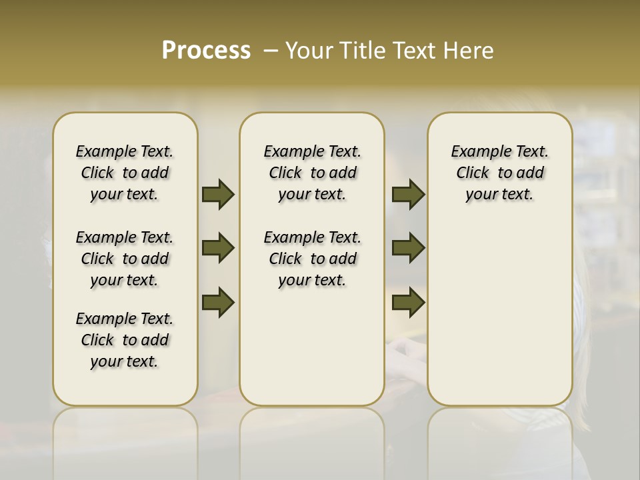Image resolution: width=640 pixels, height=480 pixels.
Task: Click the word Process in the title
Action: tap(206, 51)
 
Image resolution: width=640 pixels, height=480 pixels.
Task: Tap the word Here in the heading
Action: tap(469, 51)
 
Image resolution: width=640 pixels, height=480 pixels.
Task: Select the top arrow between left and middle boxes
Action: tap(218, 194)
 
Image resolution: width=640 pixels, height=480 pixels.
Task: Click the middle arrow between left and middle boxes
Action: tap(218, 249)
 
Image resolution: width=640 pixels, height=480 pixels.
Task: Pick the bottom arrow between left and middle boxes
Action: tap(218, 302)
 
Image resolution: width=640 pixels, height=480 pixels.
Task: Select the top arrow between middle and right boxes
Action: tap(408, 194)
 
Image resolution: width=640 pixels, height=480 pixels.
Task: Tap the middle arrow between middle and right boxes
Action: tap(408, 249)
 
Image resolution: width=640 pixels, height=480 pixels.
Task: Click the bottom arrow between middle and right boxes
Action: tap(408, 302)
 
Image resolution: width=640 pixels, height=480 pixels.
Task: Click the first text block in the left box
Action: tap(125, 173)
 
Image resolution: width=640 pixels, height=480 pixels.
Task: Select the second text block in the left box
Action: tap(125, 259)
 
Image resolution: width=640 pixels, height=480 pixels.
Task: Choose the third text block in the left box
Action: tap(125, 340)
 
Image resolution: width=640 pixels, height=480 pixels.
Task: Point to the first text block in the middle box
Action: tap(312, 173)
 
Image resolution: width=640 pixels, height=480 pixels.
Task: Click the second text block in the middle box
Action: tap(312, 259)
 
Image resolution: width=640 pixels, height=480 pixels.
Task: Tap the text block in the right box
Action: tap(499, 173)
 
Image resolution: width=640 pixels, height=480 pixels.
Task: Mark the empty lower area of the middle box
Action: tap(312, 347)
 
